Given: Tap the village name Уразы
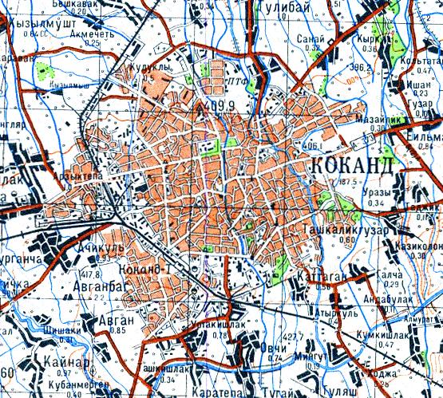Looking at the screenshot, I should coord(378,193).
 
